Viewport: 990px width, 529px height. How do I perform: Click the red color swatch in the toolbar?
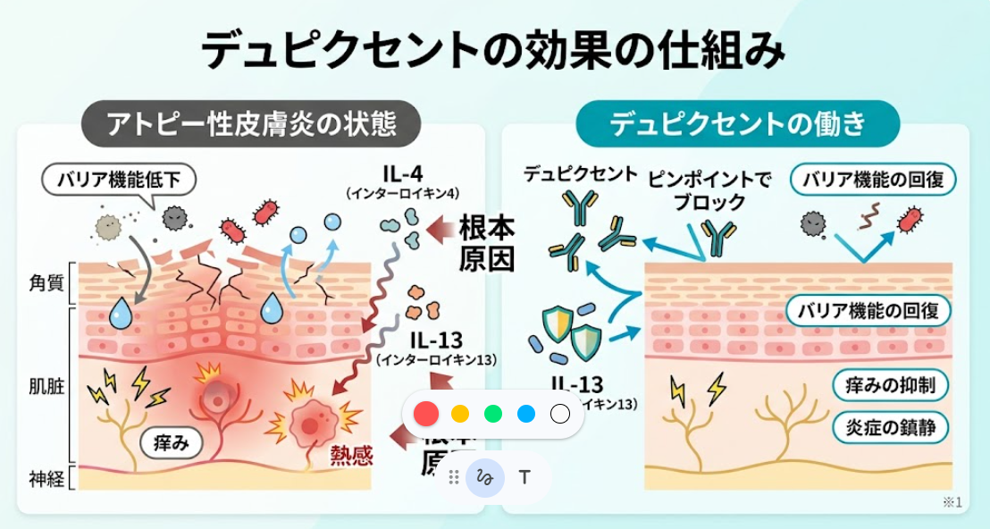click(427, 414)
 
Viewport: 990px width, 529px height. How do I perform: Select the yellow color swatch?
click(460, 414)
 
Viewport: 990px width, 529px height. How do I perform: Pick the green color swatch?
click(493, 414)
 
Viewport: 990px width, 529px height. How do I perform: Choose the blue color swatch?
click(526, 414)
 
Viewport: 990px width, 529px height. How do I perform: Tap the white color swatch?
click(559, 414)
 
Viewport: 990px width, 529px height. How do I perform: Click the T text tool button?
click(524, 477)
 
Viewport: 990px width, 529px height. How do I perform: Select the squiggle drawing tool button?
click(485, 477)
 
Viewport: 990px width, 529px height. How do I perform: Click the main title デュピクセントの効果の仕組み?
click(494, 50)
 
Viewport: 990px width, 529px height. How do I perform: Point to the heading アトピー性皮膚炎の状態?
click(252, 124)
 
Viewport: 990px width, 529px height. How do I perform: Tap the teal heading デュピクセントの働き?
click(738, 124)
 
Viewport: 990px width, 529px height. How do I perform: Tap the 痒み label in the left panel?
click(172, 441)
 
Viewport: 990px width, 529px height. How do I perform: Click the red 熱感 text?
click(351, 457)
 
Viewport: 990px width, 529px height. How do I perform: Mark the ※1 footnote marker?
click(952, 503)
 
